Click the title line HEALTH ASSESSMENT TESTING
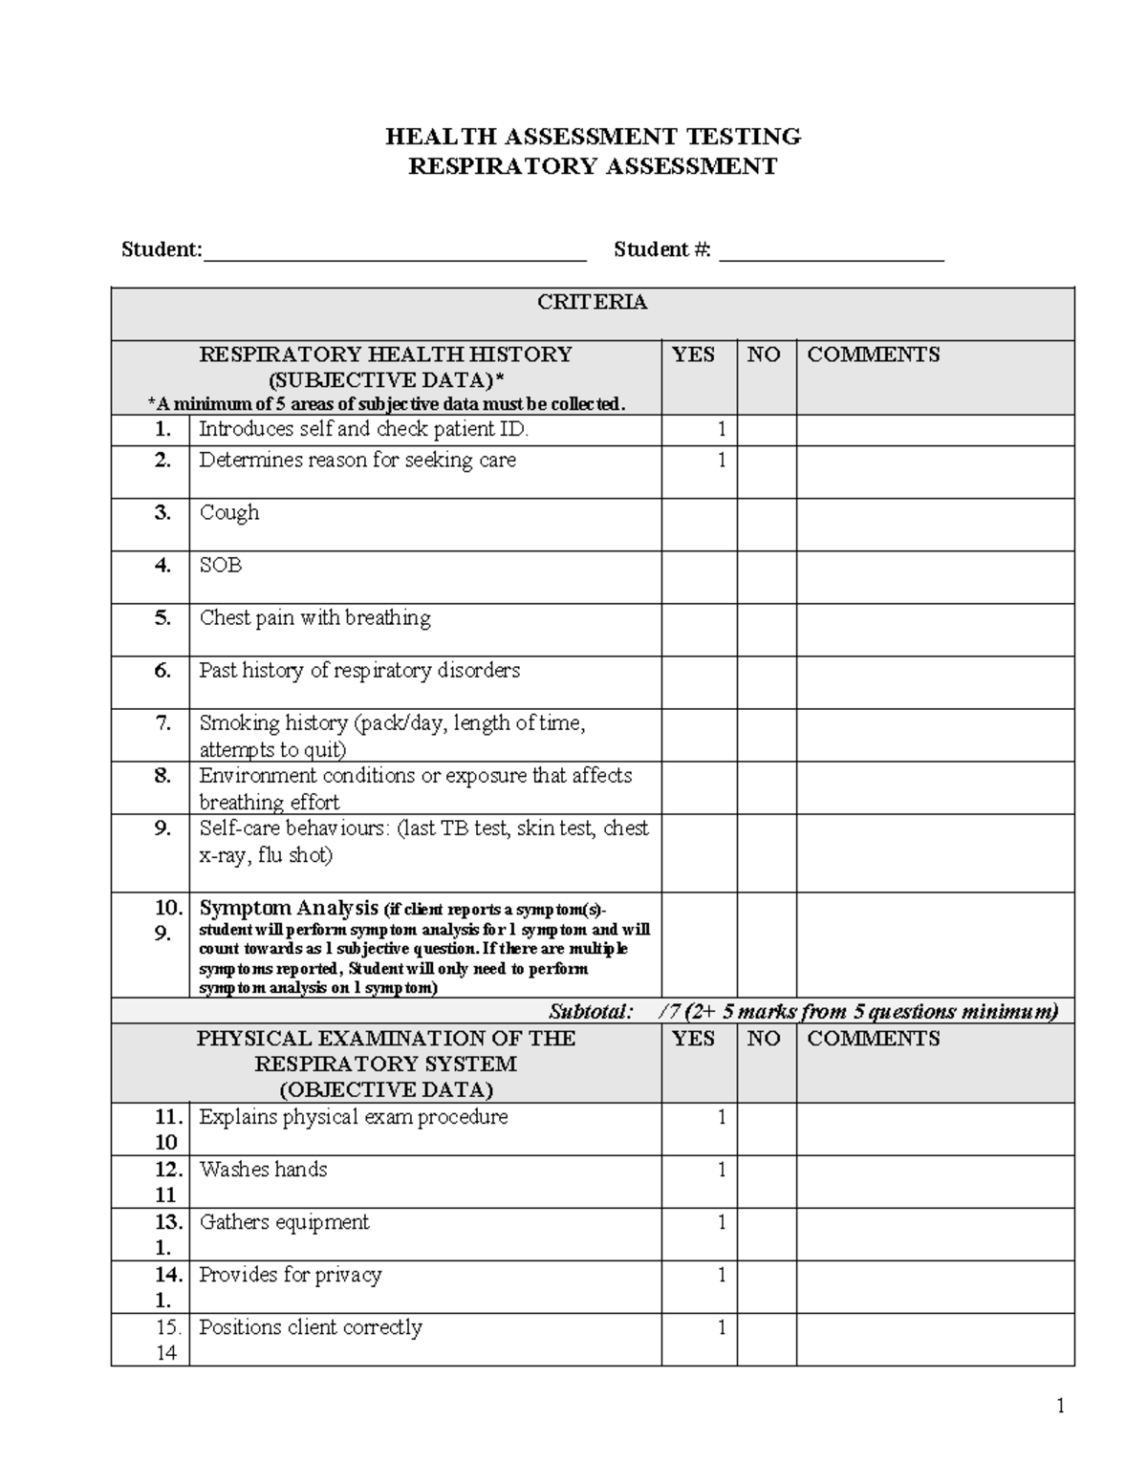point(593,137)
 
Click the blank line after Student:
point(395,252)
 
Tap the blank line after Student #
point(831,252)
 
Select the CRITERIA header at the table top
point(593,303)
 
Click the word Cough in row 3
point(229,513)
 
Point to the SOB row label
point(221,566)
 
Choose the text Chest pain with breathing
point(314,618)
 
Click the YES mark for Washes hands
point(722,1170)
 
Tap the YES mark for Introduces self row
point(722,430)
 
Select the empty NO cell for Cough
point(767,525)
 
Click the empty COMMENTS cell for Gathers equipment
point(935,1235)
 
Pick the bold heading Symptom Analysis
point(289,908)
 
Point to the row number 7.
point(163,723)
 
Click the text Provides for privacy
point(291,1275)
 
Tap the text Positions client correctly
point(311,1327)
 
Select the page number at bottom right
point(1059,1405)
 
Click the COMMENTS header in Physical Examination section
point(874,1039)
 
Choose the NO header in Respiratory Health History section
point(764,355)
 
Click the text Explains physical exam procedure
point(354,1117)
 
